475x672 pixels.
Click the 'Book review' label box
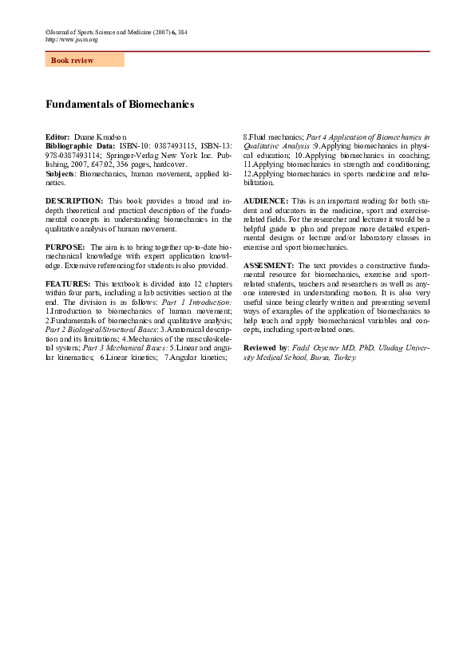[84, 60]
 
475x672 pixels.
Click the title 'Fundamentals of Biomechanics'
[120, 105]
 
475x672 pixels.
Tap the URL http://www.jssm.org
[72, 39]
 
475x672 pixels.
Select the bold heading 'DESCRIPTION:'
[74, 200]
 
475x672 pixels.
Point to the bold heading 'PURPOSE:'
[65, 247]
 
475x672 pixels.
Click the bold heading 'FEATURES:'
[68, 284]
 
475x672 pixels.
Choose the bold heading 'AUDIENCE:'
[266, 200]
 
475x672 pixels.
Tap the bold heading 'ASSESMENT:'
[269, 264]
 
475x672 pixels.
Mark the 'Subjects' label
[61, 172]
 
